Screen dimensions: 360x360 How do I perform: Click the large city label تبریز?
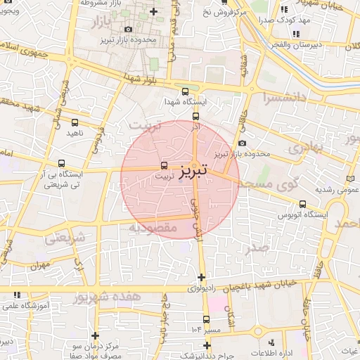point(193,170)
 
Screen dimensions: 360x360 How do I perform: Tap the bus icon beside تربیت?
point(164,166)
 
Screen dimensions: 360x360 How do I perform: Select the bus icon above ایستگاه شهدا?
point(185,91)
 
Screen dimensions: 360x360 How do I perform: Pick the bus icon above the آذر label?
point(195,116)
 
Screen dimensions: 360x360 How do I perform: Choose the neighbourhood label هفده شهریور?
point(105,298)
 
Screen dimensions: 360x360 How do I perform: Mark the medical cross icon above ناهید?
point(75,120)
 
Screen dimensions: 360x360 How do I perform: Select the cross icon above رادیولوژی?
point(202,277)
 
